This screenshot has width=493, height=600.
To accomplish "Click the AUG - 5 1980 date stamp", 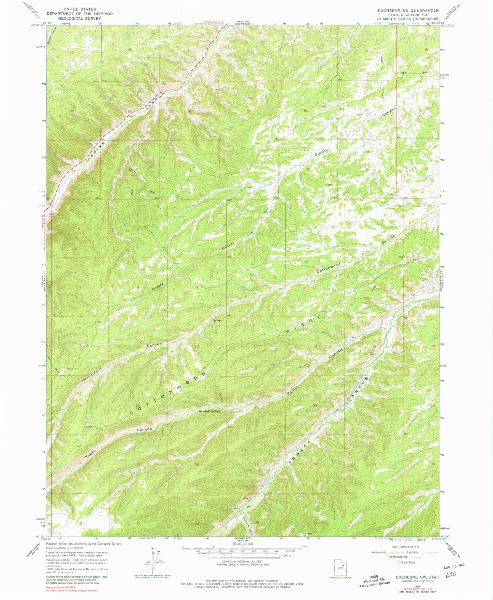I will pos(454,565).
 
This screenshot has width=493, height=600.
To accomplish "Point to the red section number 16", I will pos(197,347).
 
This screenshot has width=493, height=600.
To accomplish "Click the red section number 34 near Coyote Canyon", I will pos(249,170).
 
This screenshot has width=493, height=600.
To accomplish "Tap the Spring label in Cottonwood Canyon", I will pos(217,320).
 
